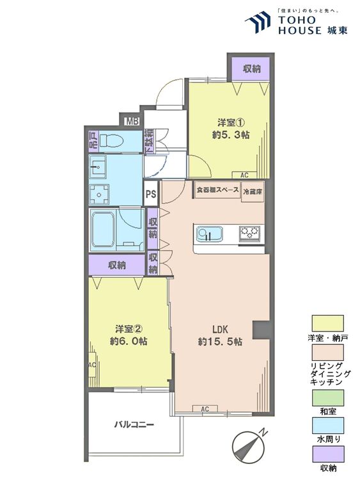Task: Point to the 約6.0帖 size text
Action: tap(129, 342)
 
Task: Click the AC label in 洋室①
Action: tap(244, 175)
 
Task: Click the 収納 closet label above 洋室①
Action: tap(251, 69)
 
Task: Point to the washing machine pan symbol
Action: tap(99, 193)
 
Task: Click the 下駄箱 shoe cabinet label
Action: tap(148, 141)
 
